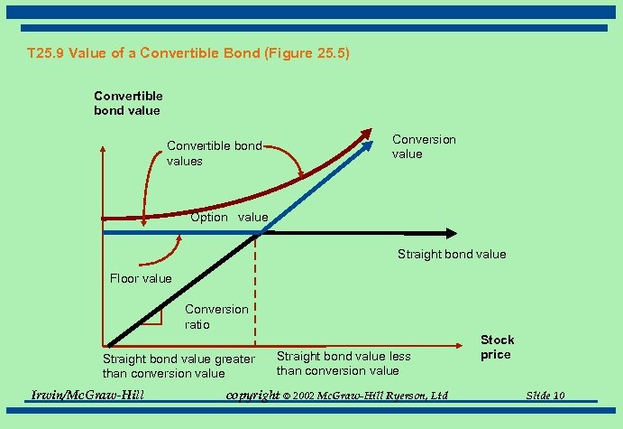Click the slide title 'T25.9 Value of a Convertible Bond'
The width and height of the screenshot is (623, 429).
pyautogui.click(x=188, y=53)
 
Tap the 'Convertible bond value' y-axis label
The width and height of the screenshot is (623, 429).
pyautogui.click(x=128, y=103)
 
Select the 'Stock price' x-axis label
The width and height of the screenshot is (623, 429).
pyautogui.click(x=497, y=347)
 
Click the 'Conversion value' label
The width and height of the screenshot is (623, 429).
pyautogui.click(x=424, y=146)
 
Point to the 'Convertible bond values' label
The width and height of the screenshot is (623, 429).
pyautogui.click(x=215, y=154)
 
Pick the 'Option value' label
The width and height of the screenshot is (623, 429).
pyautogui.click(x=229, y=217)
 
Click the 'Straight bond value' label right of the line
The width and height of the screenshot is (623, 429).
pyautogui.click(x=452, y=254)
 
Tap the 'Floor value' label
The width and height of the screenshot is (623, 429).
pyautogui.click(x=141, y=278)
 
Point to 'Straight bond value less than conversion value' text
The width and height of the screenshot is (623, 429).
pyautogui.click(x=344, y=363)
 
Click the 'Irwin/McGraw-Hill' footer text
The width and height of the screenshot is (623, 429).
pyautogui.click(x=87, y=396)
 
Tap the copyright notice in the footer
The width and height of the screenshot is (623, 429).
pyautogui.click(x=336, y=396)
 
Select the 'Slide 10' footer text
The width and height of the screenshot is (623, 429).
pyautogui.click(x=545, y=396)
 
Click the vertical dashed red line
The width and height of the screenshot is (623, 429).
pyautogui.click(x=255, y=289)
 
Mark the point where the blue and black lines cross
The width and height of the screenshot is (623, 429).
pyautogui.click(x=260, y=233)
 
